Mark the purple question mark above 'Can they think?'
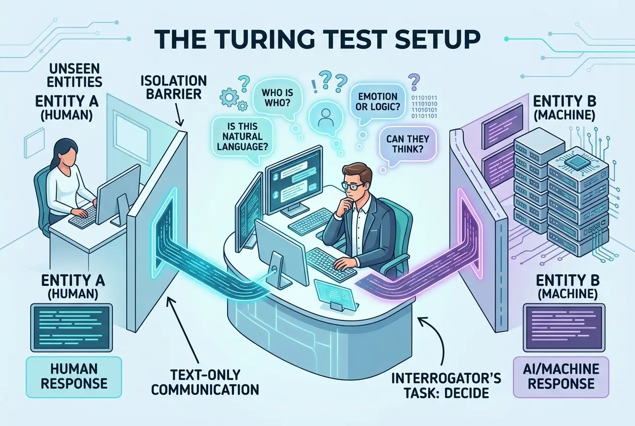pyautogui.click(x=414, y=80)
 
